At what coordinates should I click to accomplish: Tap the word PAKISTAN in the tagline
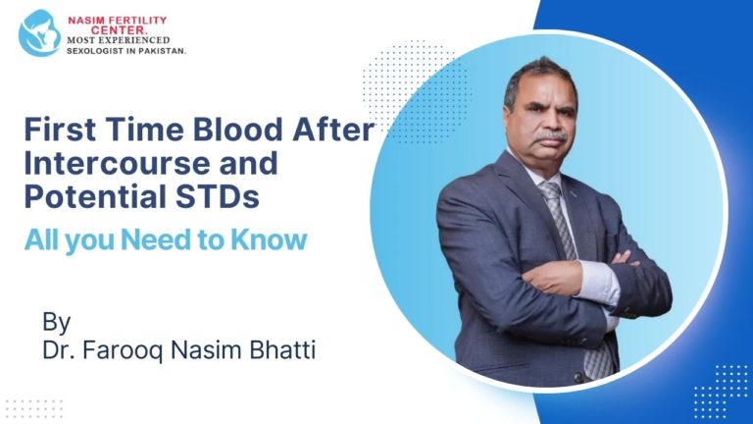[x=159, y=49]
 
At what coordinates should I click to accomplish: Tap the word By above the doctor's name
[x=56, y=322]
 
